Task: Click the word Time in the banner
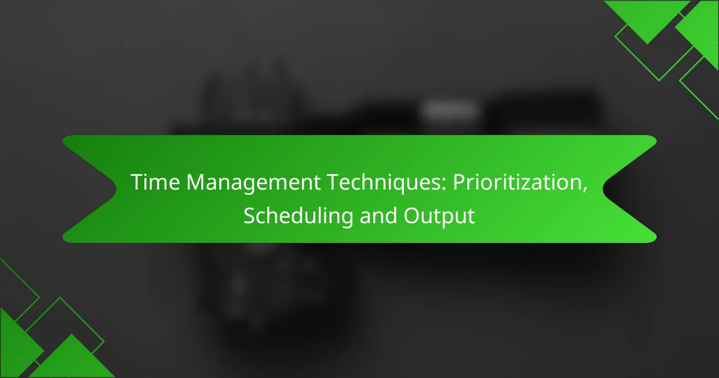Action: (155, 182)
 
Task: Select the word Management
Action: (253, 183)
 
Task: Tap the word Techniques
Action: (383, 183)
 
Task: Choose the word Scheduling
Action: (298, 217)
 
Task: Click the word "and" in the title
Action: (378, 215)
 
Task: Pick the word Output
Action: (439, 217)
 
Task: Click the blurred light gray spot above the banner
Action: (449, 110)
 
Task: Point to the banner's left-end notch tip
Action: (116, 189)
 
